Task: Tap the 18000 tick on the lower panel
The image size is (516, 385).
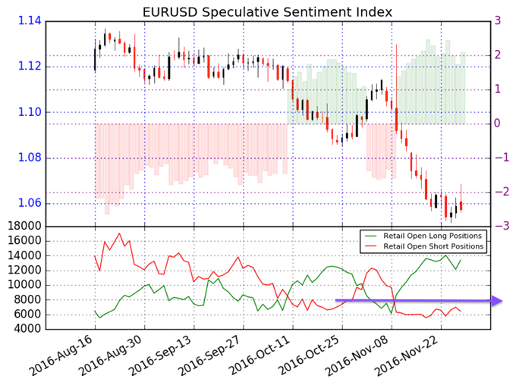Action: pyautogui.click(x=25, y=226)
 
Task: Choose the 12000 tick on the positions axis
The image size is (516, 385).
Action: pyautogui.click(x=25, y=270)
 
